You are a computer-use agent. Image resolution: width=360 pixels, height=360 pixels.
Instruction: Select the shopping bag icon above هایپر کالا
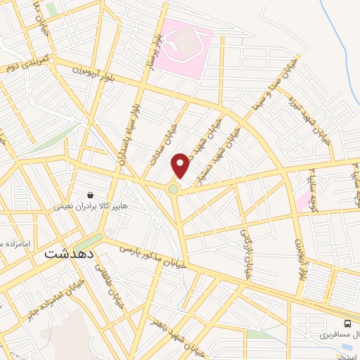pyautogui.click(x=91, y=195)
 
